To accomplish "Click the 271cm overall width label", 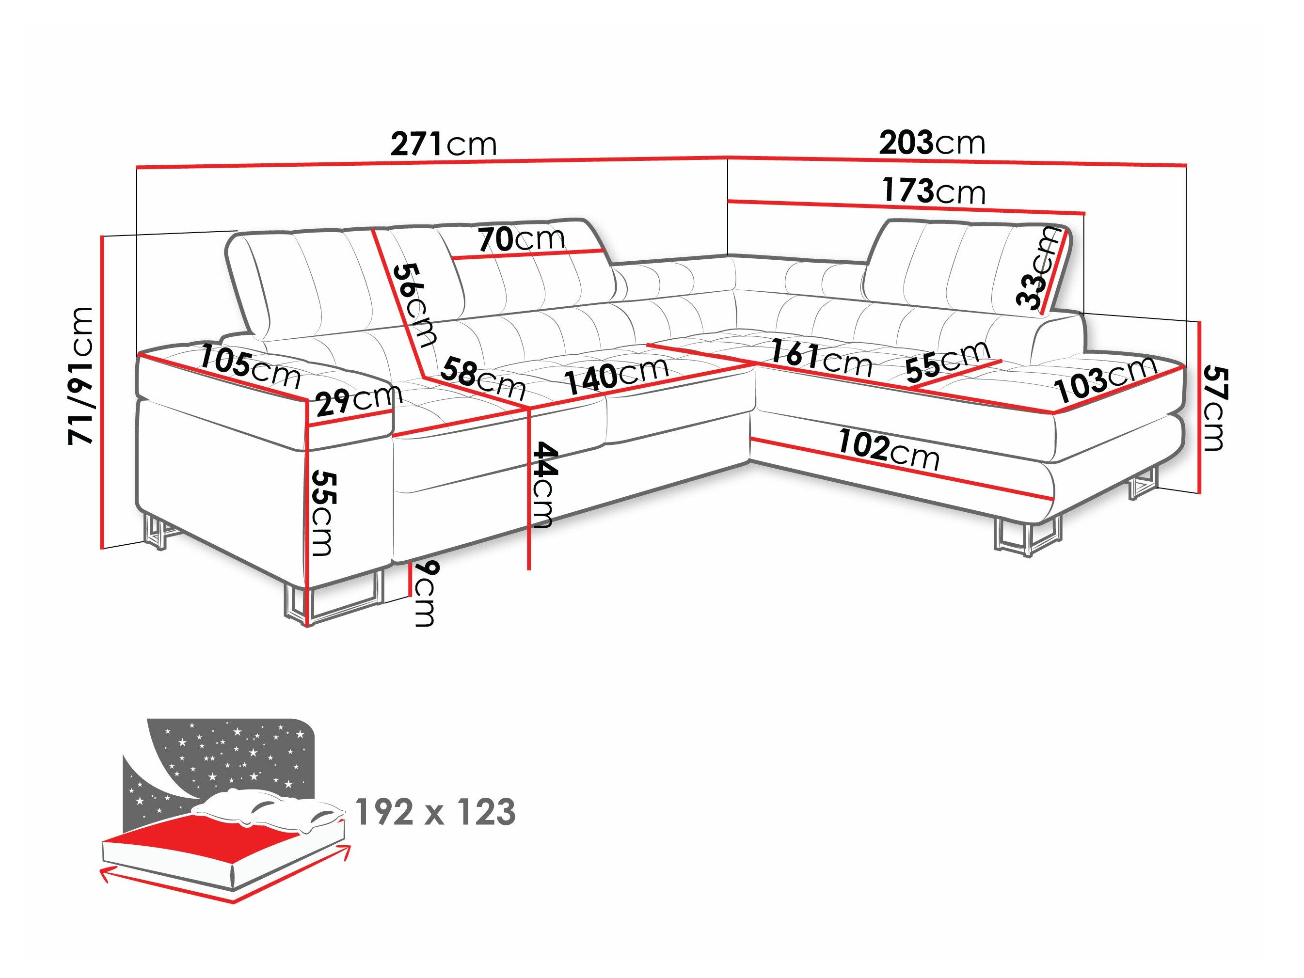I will pos(444,144).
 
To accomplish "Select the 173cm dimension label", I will pos(933,191).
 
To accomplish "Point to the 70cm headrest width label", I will pos(521,239).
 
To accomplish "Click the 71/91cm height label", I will pos(81,376).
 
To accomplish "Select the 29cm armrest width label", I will pos(358,400).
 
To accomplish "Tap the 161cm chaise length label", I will pos(821,358).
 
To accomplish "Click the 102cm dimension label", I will pos(889,449).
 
